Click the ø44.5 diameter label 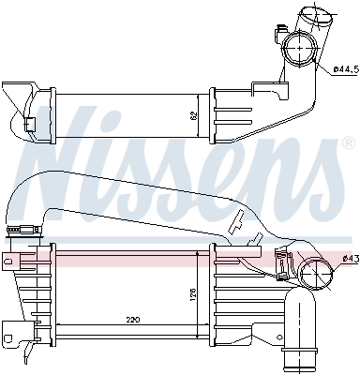point(344,69)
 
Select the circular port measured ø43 point(317,277)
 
